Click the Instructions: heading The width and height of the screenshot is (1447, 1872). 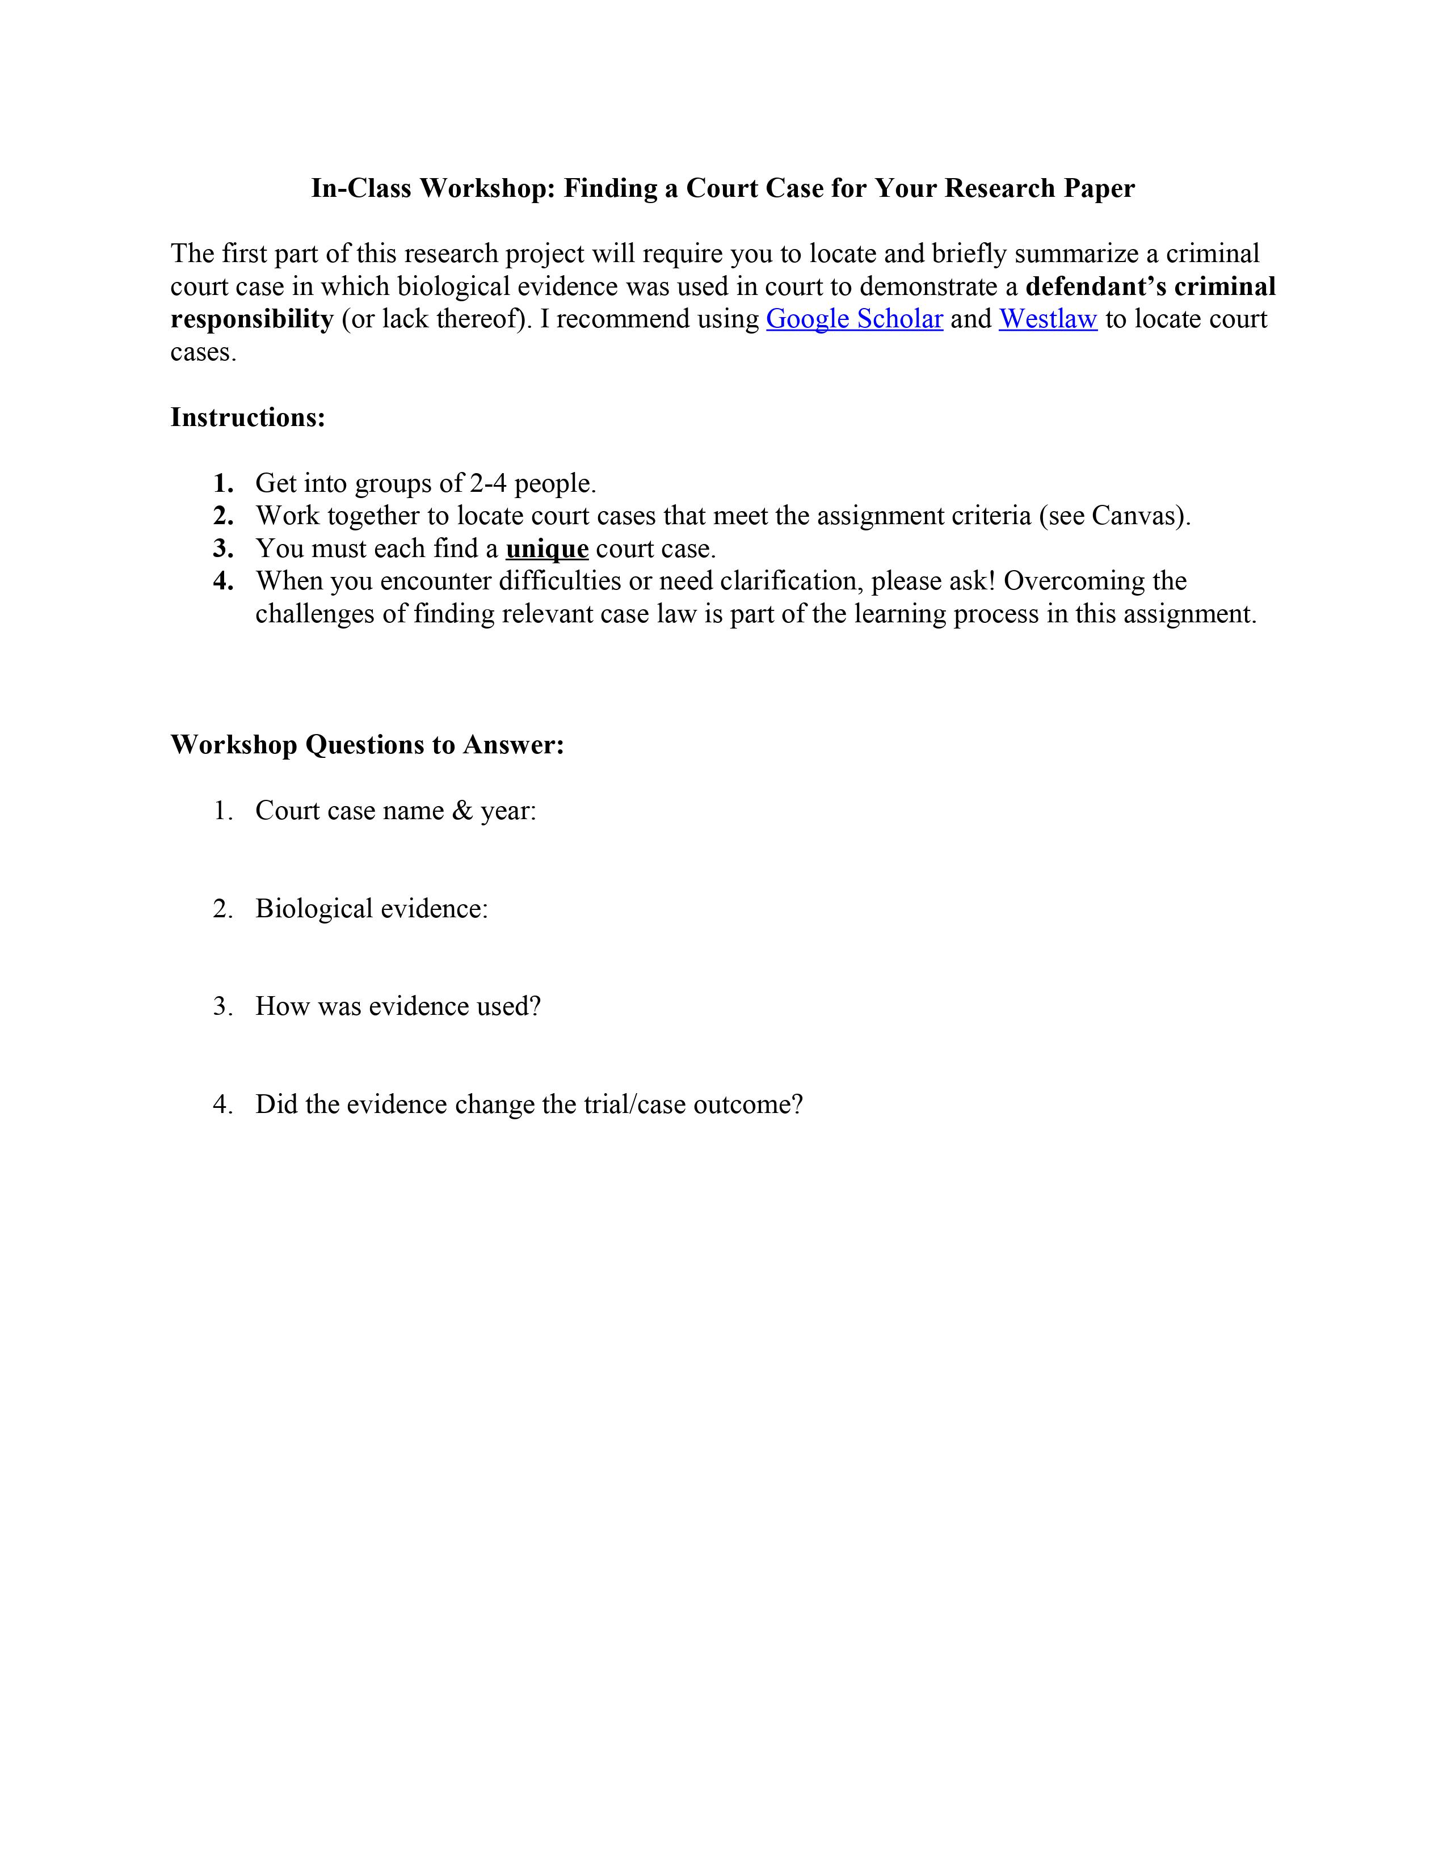tap(248, 418)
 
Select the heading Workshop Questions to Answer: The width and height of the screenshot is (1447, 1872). tap(367, 744)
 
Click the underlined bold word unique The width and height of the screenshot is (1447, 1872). tap(547, 549)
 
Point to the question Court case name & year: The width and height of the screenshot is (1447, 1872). tap(395, 810)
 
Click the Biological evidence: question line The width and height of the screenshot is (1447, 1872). tap(371, 909)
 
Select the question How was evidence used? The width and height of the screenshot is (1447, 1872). tap(398, 1006)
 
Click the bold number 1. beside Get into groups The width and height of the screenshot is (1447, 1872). tap(224, 483)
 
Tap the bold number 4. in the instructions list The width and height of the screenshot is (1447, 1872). tap(224, 581)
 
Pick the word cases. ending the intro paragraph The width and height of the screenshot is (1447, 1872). tap(203, 352)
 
